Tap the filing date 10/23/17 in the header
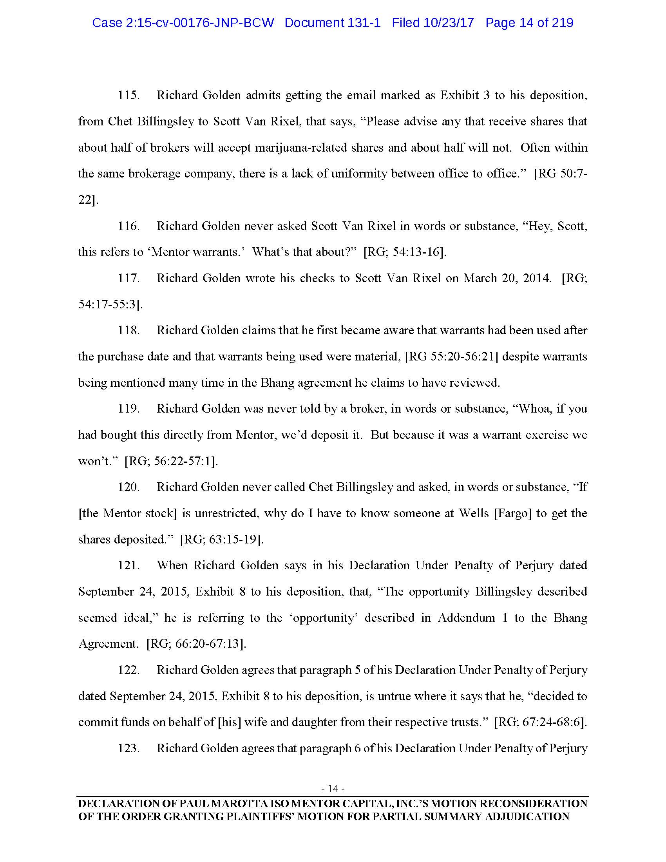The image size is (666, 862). click(449, 23)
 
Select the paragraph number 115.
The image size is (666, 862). click(129, 96)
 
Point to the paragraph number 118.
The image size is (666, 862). click(129, 330)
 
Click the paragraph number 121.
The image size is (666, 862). click(129, 565)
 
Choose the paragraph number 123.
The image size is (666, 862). click(129, 748)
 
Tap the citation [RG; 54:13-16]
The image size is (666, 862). click(405, 252)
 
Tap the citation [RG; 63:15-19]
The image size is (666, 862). click(222, 539)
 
